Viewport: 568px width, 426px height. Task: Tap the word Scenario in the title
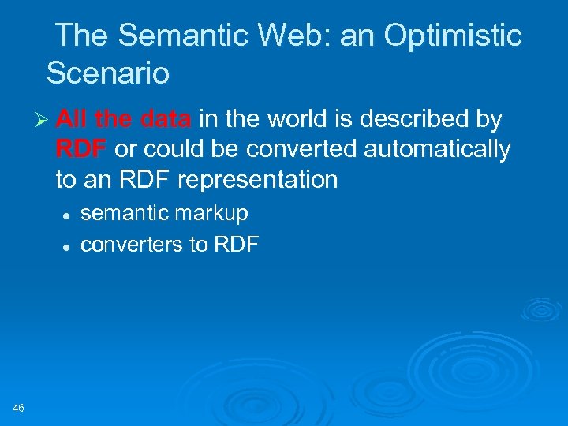tap(108, 73)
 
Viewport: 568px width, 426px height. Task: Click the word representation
tap(258, 180)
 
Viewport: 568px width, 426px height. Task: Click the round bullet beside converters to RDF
tap(68, 246)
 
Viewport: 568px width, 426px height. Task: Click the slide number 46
tap(19, 407)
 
